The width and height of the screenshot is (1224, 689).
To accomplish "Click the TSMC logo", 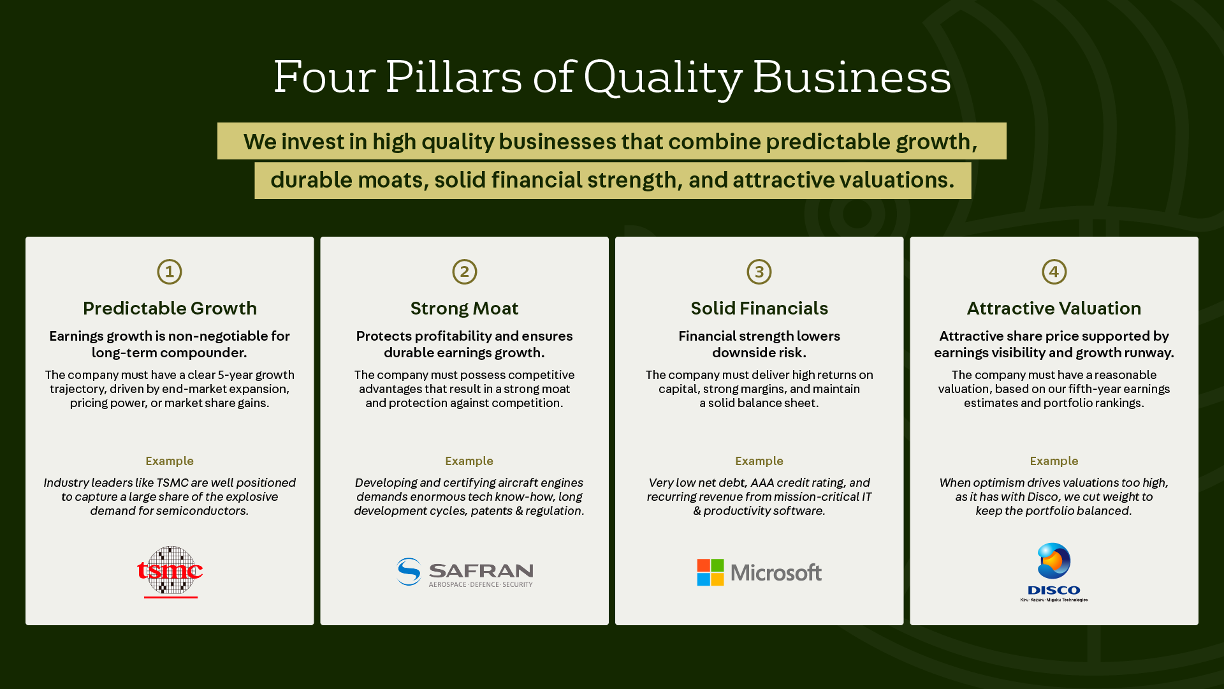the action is (x=170, y=572).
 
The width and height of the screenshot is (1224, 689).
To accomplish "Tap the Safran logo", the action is (x=465, y=572).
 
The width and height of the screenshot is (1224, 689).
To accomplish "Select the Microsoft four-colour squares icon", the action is (x=710, y=572).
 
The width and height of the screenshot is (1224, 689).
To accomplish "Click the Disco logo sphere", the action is (x=1054, y=561).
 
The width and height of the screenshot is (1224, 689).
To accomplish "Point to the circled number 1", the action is (x=170, y=272).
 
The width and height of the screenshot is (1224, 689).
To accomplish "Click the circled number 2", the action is (x=465, y=272).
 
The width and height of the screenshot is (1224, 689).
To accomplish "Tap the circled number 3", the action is (x=759, y=272).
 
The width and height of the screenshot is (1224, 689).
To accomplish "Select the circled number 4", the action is (x=1054, y=272).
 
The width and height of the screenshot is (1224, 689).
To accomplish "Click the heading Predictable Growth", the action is (x=170, y=308).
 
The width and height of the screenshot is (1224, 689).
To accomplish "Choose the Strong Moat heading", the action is (x=465, y=308).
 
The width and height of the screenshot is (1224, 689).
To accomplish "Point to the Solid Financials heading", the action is (x=759, y=308).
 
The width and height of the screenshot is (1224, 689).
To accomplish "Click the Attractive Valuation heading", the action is (x=1054, y=308).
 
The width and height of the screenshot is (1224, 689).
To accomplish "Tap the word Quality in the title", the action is (x=663, y=78).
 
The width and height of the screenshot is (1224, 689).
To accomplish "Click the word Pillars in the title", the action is (x=454, y=77).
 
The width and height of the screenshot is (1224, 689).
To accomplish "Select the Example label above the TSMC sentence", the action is (x=170, y=461).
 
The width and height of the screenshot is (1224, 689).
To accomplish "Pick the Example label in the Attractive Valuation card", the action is (x=1054, y=461).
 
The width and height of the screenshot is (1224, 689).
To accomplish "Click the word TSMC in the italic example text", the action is (x=172, y=482).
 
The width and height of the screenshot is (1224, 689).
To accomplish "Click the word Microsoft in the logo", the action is (x=776, y=573).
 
